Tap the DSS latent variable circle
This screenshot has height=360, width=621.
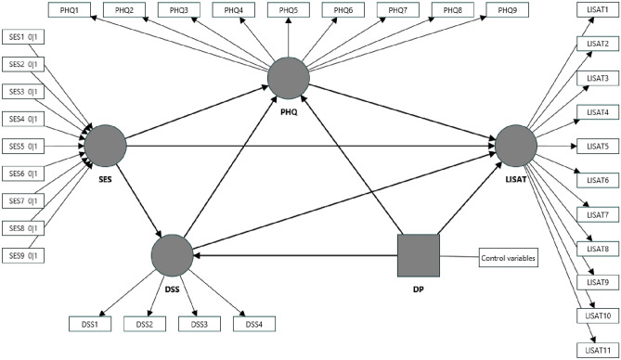point(172,253)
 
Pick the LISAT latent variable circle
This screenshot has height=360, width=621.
point(515,145)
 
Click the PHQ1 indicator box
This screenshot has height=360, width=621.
point(71,9)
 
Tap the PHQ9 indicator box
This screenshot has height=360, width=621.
point(507,9)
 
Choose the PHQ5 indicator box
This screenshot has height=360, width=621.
point(289,9)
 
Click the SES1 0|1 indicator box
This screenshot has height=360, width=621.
point(26,37)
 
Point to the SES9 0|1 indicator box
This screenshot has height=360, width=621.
point(26,254)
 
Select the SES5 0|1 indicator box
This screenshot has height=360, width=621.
point(26,146)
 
